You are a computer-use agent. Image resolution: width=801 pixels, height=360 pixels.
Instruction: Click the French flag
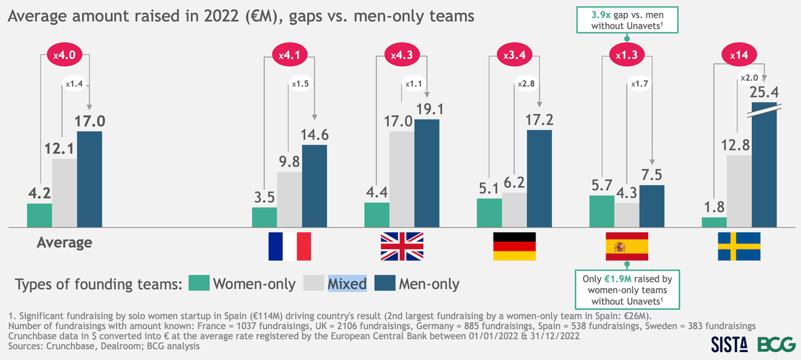[x=290, y=247]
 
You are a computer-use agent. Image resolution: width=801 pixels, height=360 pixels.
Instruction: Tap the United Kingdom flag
[x=402, y=247]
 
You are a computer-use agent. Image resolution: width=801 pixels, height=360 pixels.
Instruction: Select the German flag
[x=514, y=247]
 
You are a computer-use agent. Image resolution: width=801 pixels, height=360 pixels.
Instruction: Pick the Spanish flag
[x=627, y=247]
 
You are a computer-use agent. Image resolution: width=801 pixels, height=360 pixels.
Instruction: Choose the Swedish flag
[x=739, y=247]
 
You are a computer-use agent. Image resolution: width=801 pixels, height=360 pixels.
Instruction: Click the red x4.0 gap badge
[x=63, y=55]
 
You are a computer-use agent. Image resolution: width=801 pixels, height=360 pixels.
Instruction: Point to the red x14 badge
[x=739, y=55]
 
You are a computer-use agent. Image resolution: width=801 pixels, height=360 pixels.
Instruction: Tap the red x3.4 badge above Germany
[x=514, y=55]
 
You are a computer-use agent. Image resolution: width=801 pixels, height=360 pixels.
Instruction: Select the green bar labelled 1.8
[x=714, y=222]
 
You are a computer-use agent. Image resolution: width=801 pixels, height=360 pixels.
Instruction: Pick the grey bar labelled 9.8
[x=289, y=198]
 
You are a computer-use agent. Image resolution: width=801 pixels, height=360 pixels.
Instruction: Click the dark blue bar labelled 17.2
[x=539, y=178]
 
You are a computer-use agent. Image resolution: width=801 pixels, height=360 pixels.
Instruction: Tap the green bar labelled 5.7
[x=602, y=211]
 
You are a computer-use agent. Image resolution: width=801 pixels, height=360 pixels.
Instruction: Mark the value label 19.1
[x=426, y=109]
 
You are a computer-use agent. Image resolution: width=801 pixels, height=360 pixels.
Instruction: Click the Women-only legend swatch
[x=198, y=284]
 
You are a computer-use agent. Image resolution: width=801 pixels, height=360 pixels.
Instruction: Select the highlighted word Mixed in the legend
[x=347, y=284]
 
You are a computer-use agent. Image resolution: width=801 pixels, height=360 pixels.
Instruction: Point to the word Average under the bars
[x=64, y=242]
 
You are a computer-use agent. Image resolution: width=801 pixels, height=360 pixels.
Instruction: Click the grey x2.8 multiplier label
[x=526, y=83]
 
